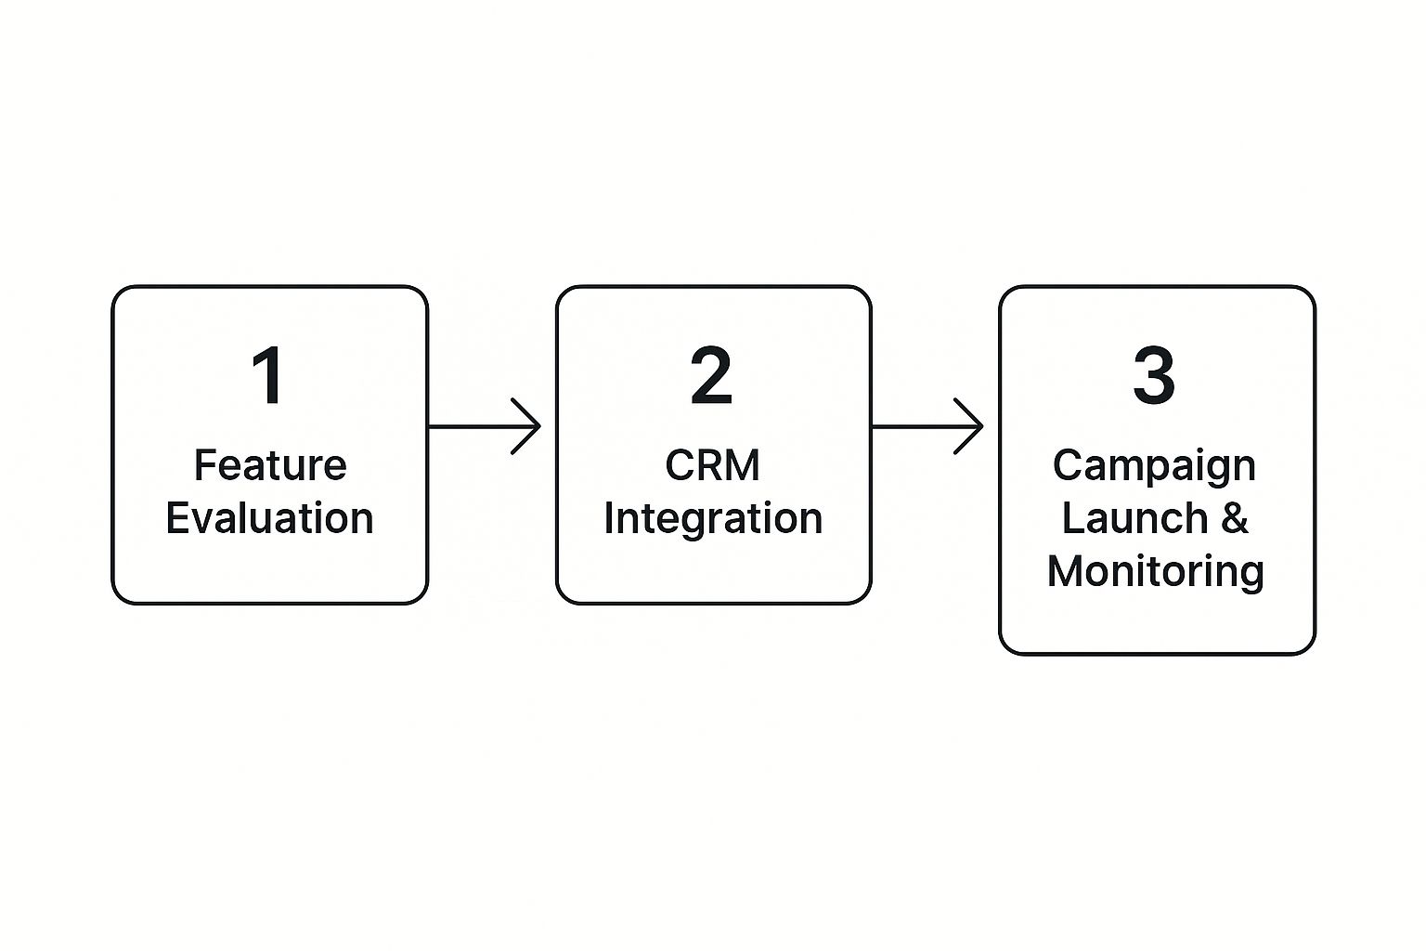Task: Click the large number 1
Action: pyautogui.click(x=268, y=375)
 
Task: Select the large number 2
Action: pyautogui.click(x=712, y=375)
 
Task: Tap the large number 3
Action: pyautogui.click(x=1154, y=375)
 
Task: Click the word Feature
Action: pyautogui.click(x=270, y=465)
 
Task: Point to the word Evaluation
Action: pyautogui.click(x=269, y=518)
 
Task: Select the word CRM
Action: pyautogui.click(x=712, y=465)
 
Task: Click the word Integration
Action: pyautogui.click(x=713, y=519)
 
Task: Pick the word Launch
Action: pyautogui.click(x=1135, y=518)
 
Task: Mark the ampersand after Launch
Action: pyautogui.click(x=1235, y=518)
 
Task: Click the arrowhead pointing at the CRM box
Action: pyautogui.click(x=525, y=426)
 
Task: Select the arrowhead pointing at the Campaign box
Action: pyautogui.click(x=968, y=426)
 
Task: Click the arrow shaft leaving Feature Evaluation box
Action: pyautogui.click(x=484, y=426)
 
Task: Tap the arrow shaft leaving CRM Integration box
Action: pyautogui.click(x=927, y=426)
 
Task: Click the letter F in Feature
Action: pyautogui.click(x=204, y=465)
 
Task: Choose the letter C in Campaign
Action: pyautogui.click(x=1067, y=465)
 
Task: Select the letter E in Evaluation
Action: pyautogui.click(x=176, y=518)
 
